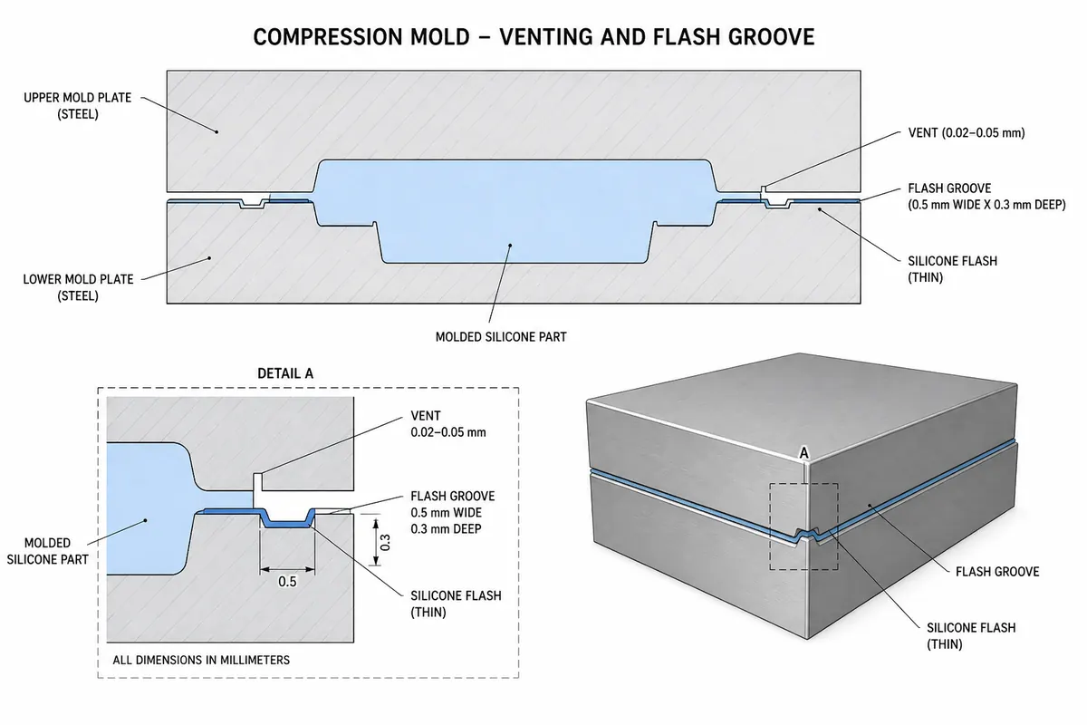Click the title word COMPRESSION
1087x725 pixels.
(361, 37)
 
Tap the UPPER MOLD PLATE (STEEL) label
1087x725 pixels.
(78, 106)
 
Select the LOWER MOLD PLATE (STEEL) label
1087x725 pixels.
(78, 287)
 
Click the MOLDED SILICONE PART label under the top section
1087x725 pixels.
(501, 337)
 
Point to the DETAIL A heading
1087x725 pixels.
(285, 373)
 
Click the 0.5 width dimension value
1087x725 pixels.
(287, 581)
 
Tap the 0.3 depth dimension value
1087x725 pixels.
(385, 543)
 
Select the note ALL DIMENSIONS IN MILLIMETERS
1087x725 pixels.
(201, 660)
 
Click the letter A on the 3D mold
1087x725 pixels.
(804, 453)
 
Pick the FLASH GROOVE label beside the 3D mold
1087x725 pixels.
(997, 572)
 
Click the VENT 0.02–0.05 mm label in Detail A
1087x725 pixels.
(447, 424)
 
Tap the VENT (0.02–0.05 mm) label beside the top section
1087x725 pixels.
(967, 133)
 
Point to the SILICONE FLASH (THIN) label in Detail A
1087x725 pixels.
(456, 604)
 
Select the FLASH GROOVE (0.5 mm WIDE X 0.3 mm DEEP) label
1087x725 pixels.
(986, 196)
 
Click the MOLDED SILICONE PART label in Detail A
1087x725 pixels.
(47, 551)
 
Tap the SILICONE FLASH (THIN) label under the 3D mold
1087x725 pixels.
(971, 635)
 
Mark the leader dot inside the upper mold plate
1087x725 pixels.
(216, 131)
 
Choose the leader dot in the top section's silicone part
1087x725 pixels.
(510, 246)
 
